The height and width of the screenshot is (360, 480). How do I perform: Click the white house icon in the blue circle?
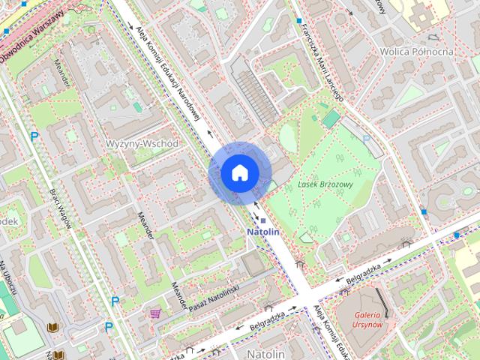[x=238, y=173]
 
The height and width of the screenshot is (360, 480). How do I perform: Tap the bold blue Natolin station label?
[x=263, y=232]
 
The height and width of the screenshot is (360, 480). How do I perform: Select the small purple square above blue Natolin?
[x=263, y=220]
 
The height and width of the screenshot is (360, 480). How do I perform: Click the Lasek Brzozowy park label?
[x=325, y=184]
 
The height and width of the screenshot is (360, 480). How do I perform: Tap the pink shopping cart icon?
[x=155, y=313]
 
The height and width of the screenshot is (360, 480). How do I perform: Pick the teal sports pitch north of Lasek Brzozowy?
[x=331, y=118]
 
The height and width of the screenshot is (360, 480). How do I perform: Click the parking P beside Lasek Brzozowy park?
[x=366, y=139]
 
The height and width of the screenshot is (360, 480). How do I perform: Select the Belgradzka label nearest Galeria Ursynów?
[x=364, y=273]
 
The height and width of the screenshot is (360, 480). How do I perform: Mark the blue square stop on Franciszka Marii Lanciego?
[x=298, y=21]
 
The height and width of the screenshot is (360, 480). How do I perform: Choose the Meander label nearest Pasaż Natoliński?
[x=178, y=293]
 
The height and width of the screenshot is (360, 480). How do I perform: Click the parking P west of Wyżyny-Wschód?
[x=34, y=136]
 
